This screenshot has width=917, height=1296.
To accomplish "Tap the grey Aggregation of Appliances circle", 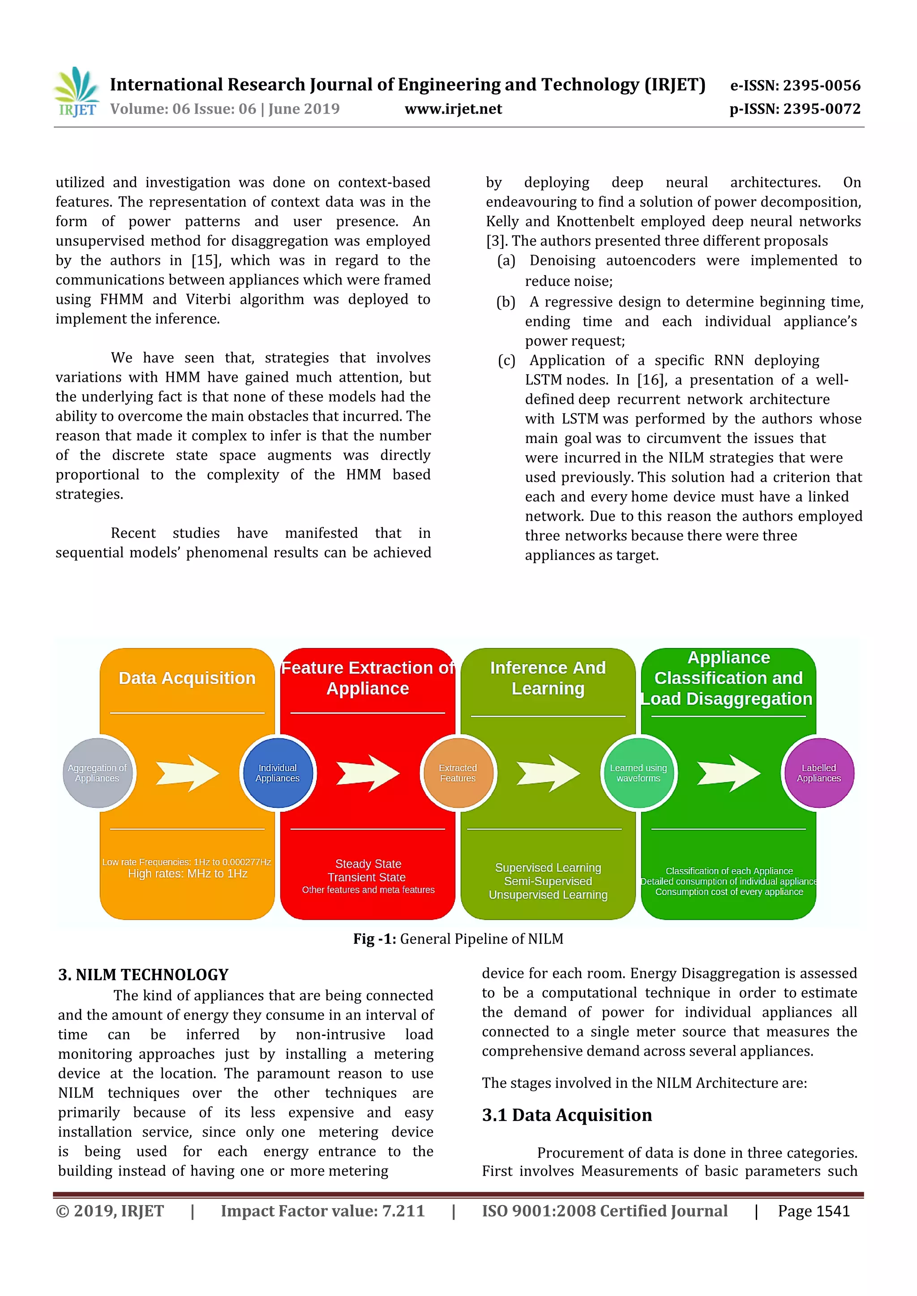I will [x=98, y=773].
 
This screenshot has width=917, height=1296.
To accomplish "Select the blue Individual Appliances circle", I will [x=277, y=773].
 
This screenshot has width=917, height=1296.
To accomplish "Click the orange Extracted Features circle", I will [x=458, y=773].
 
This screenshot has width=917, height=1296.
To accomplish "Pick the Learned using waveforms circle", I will [x=638, y=773].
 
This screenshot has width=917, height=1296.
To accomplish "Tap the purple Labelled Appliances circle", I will [x=819, y=773].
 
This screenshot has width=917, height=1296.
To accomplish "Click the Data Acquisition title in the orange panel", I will [x=187, y=678].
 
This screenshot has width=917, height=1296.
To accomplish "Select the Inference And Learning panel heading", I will [x=548, y=678].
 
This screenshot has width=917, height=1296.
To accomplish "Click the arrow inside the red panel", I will [x=368, y=773].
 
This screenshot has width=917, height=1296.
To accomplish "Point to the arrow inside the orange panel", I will [x=188, y=773].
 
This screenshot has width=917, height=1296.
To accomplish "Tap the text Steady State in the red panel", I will [x=368, y=864].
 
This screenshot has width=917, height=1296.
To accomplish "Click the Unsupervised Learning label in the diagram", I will [x=548, y=895].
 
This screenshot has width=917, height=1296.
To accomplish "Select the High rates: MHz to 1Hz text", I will [x=188, y=874].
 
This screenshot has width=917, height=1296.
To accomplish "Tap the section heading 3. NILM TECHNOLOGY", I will [x=143, y=975].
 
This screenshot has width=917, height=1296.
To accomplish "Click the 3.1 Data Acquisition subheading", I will [x=566, y=1115].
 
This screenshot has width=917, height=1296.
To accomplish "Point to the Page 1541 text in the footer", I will [x=813, y=1211].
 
